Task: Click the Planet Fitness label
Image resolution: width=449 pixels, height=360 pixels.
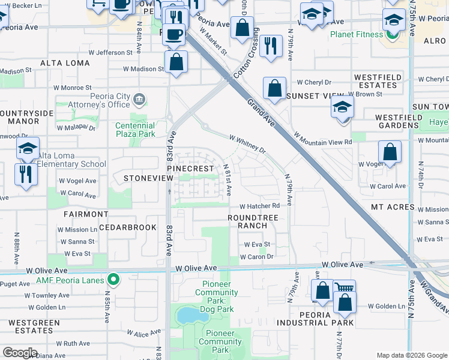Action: click(x=356, y=34)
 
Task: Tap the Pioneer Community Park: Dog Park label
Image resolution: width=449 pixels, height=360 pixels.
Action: click(x=216, y=293)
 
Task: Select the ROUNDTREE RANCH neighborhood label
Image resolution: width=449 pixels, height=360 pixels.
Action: click(x=252, y=221)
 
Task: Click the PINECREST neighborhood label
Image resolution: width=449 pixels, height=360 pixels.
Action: click(x=190, y=169)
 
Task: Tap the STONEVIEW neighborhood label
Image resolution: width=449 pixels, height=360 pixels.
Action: click(x=144, y=179)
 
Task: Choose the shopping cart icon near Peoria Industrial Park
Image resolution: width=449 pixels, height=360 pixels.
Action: click(x=344, y=289)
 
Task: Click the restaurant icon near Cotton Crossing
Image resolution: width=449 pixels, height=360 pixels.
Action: click(x=271, y=45)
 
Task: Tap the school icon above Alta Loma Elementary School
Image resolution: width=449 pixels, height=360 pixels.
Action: click(x=28, y=148)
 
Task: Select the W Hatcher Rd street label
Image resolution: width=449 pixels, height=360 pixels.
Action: click(x=260, y=206)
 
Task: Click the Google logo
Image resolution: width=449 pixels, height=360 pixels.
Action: click(x=20, y=353)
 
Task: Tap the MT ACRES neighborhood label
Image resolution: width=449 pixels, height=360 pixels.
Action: click(x=393, y=207)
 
